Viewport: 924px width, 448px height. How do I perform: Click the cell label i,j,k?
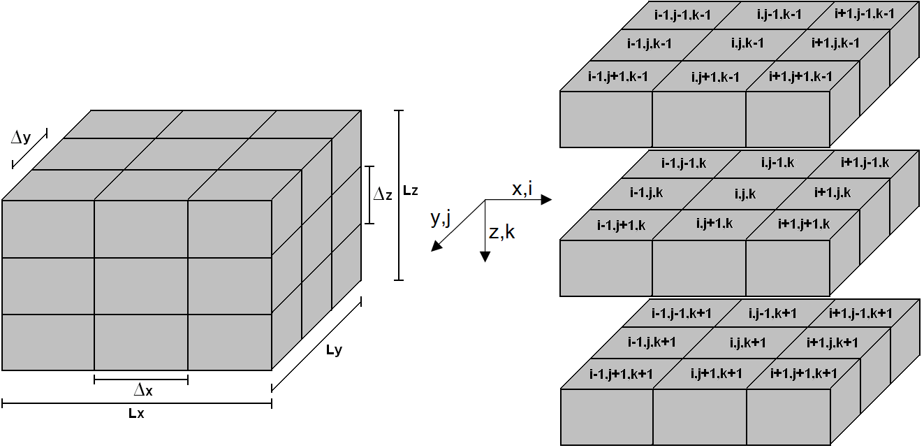[x=745, y=193]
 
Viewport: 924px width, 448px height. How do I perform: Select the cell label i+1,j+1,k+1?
[x=803, y=373]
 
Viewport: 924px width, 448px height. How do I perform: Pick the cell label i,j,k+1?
[x=748, y=342]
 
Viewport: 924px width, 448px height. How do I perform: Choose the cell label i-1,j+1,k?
[x=621, y=224]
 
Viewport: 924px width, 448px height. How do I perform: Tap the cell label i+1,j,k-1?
[x=835, y=43]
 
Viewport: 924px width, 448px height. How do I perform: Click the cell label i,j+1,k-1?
[x=714, y=77]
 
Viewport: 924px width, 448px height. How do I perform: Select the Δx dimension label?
[x=143, y=390]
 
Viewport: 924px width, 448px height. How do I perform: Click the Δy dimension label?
[x=21, y=138]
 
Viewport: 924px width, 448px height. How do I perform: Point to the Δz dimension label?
[x=383, y=195]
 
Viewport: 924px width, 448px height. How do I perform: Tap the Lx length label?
[x=136, y=413]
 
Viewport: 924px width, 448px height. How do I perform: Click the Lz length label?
[x=411, y=190]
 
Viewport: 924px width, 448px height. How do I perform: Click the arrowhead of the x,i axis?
[x=547, y=200]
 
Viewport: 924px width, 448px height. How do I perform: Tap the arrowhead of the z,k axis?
[x=485, y=256]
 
